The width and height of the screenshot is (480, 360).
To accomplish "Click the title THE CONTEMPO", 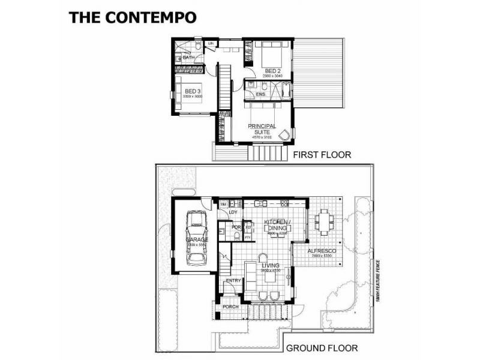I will tap(133, 17).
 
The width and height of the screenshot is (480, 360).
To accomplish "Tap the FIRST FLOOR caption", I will tap(322, 155).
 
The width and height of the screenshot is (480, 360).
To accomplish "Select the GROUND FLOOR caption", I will tap(322, 348).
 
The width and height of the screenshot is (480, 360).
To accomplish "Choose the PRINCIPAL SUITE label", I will tap(262, 129).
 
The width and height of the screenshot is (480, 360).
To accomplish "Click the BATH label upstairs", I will tap(187, 57).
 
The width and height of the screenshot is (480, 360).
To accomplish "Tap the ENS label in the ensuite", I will tap(260, 95).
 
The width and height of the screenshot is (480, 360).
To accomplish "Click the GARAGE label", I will tap(196, 239).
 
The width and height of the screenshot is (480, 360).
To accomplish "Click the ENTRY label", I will tap(233, 281).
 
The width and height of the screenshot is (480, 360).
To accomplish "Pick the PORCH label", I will tap(230, 307).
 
